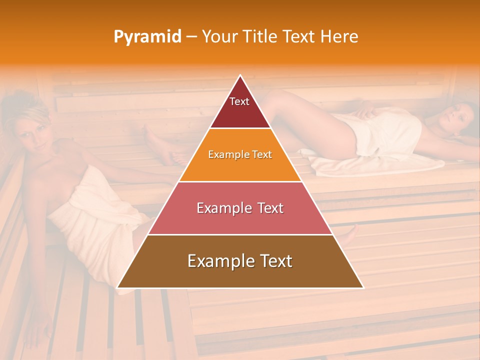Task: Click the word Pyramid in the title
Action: pyautogui.click(x=147, y=37)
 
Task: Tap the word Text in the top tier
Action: pyautogui.click(x=239, y=101)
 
